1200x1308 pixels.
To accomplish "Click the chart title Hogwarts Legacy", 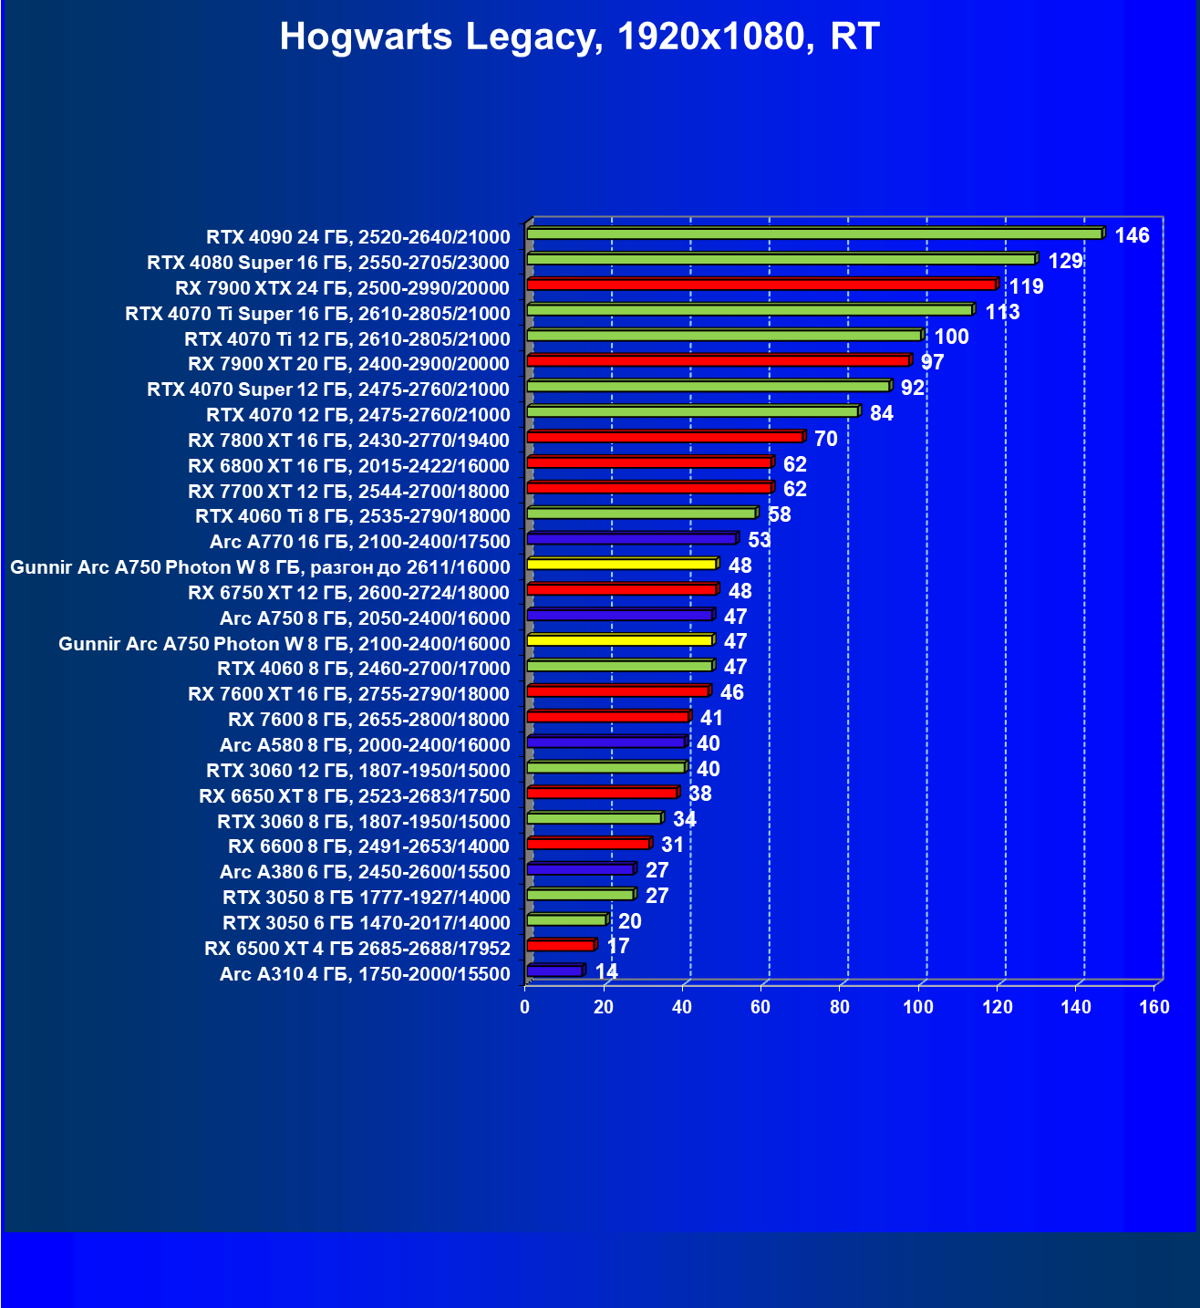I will (x=579, y=37).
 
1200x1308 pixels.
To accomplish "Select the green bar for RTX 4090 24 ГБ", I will (x=813, y=234).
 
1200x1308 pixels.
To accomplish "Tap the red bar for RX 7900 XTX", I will (x=761, y=285).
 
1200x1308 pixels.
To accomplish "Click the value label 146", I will (x=1132, y=235).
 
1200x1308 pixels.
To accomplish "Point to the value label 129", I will (x=1065, y=261).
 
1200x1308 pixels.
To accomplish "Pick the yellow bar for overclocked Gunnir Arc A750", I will (x=622, y=565).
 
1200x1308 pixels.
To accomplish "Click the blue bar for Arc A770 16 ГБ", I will (x=631, y=539).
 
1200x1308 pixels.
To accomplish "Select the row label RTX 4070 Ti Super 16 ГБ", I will (x=317, y=314).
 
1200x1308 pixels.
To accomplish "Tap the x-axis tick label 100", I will (x=918, y=1007).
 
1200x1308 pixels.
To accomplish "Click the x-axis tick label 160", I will (x=1154, y=1007).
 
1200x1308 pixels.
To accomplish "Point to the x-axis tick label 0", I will (x=524, y=1007).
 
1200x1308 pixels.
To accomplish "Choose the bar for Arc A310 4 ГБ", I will (x=554, y=971).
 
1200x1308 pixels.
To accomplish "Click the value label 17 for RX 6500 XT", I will (x=618, y=946).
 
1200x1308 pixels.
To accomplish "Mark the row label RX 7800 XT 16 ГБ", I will (x=348, y=441).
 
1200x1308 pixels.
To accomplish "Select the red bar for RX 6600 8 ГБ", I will (x=588, y=844).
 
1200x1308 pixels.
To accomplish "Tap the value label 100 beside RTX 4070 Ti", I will (x=951, y=337).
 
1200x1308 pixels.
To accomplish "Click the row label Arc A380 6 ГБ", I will (x=365, y=872).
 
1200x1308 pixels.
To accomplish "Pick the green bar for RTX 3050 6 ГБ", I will (x=566, y=919).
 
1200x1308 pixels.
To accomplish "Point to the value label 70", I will (x=825, y=439).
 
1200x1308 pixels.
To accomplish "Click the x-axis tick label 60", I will (x=760, y=1007).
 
